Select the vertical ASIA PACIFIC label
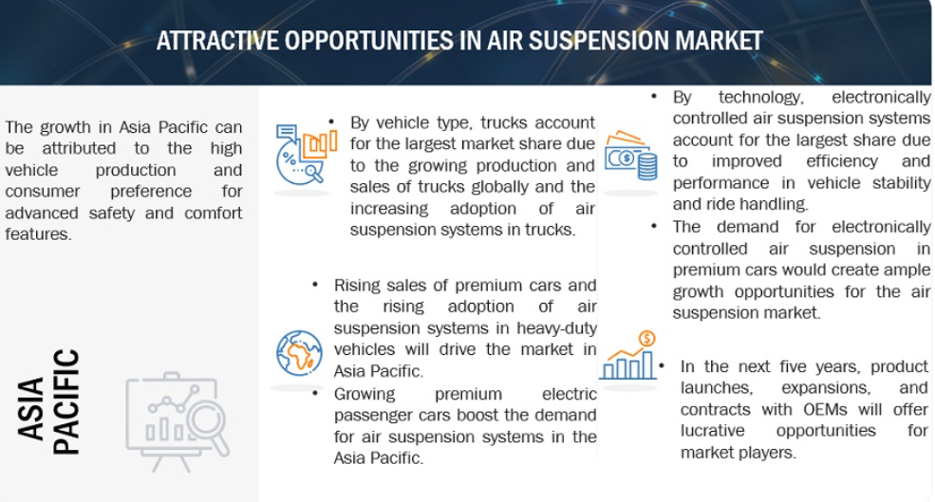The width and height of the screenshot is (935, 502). [x=48, y=401]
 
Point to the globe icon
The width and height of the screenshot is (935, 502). [x=299, y=353]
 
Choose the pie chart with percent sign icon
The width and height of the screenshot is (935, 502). [x=306, y=153]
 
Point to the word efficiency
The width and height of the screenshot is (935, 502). [x=841, y=161]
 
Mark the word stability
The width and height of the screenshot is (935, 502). [x=901, y=182]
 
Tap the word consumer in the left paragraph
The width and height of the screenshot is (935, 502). [x=43, y=192]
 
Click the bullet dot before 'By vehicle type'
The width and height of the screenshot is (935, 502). [x=331, y=121]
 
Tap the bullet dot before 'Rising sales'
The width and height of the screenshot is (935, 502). [x=315, y=284]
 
